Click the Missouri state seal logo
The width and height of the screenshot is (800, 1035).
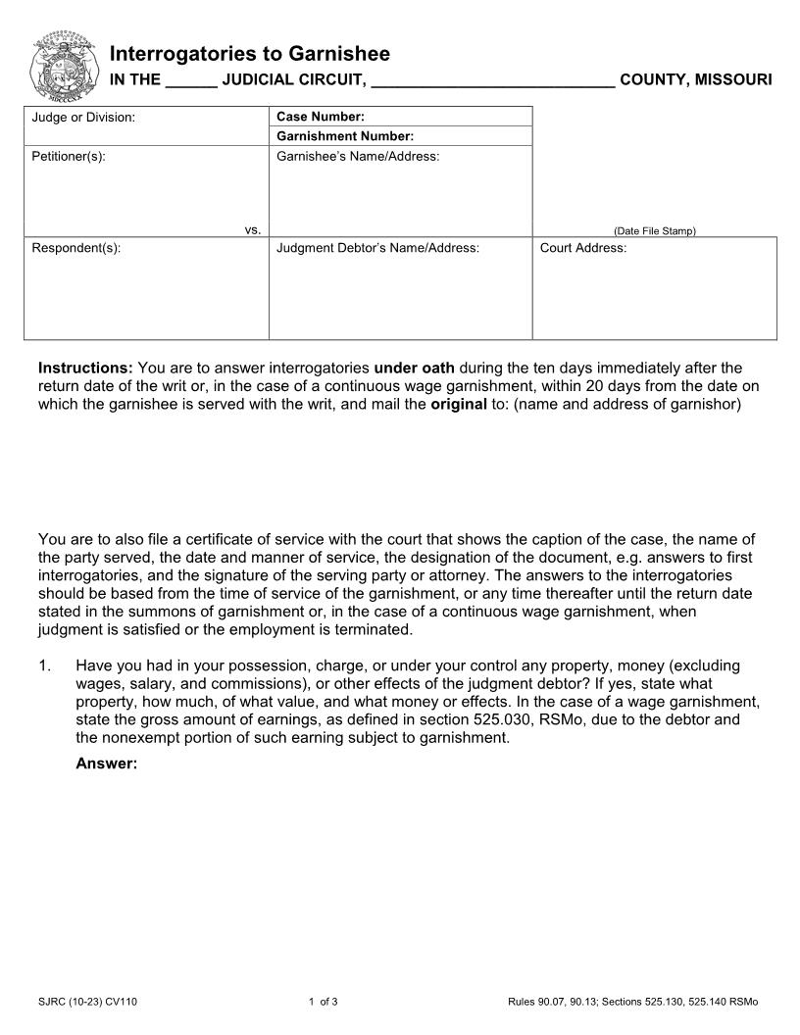(66, 65)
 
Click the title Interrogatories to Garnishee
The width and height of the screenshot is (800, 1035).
(249, 53)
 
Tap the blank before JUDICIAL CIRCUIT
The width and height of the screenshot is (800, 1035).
(191, 80)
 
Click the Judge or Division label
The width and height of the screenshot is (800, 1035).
(83, 118)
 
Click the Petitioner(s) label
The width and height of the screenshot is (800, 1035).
(69, 156)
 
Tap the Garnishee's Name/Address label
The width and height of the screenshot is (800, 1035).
(358, 156)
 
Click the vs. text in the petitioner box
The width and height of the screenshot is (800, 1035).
(252, 229)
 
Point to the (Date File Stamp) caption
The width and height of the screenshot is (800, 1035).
(654, 231)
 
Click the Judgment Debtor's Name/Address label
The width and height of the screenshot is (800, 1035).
(377, 248)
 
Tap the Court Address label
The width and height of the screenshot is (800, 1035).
(583, 248)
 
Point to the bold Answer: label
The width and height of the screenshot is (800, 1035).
(106, 764)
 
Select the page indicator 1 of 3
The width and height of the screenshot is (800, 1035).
(323, 1002)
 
